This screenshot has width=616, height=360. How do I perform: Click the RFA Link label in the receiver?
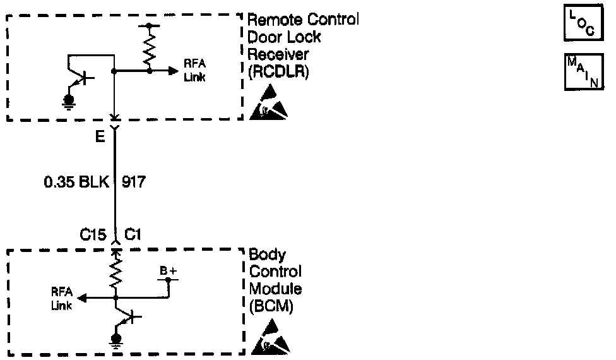pos(194,70)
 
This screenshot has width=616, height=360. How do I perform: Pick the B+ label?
pos(167,271)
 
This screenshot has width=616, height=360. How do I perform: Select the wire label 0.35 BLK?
pos(76,183)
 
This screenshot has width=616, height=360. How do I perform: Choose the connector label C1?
pos(133,234)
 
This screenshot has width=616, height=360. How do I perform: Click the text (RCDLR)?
pos(278,71)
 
